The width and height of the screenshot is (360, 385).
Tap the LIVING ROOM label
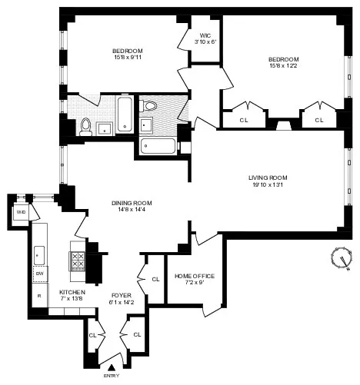pyautogui.click(x=273, y=176)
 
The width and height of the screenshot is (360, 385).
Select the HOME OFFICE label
pyautogui.click(x=194, y=276)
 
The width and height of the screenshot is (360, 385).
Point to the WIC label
pyautogui.click(x=205, y=35)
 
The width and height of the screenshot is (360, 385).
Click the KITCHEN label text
pyautogui.click(x=72, y=293)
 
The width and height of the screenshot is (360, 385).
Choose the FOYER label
pyautogui.click(x=122, y=294)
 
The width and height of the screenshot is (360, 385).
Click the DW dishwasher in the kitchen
pyautogui.click(x=39, y=274)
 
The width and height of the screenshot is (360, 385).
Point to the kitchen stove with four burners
pyautogui.click(x=78, y=261)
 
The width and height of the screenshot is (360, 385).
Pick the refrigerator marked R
pyautogui.click(x=38, y=295)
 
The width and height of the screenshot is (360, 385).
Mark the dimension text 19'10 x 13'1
pyautogui.click(x=273, y=184)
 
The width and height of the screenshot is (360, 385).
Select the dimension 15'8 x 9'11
pyautogui.click(x=127, y=59)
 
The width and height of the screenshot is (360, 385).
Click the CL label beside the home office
pyautogui.click(x=155, y=279)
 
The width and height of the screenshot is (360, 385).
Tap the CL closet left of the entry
pyautogui.click(x=93, y=335)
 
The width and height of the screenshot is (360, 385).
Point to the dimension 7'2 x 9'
pyautogui.click(x=194, y=283)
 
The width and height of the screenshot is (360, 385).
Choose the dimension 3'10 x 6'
pyautogui.click(x=205, y=42)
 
